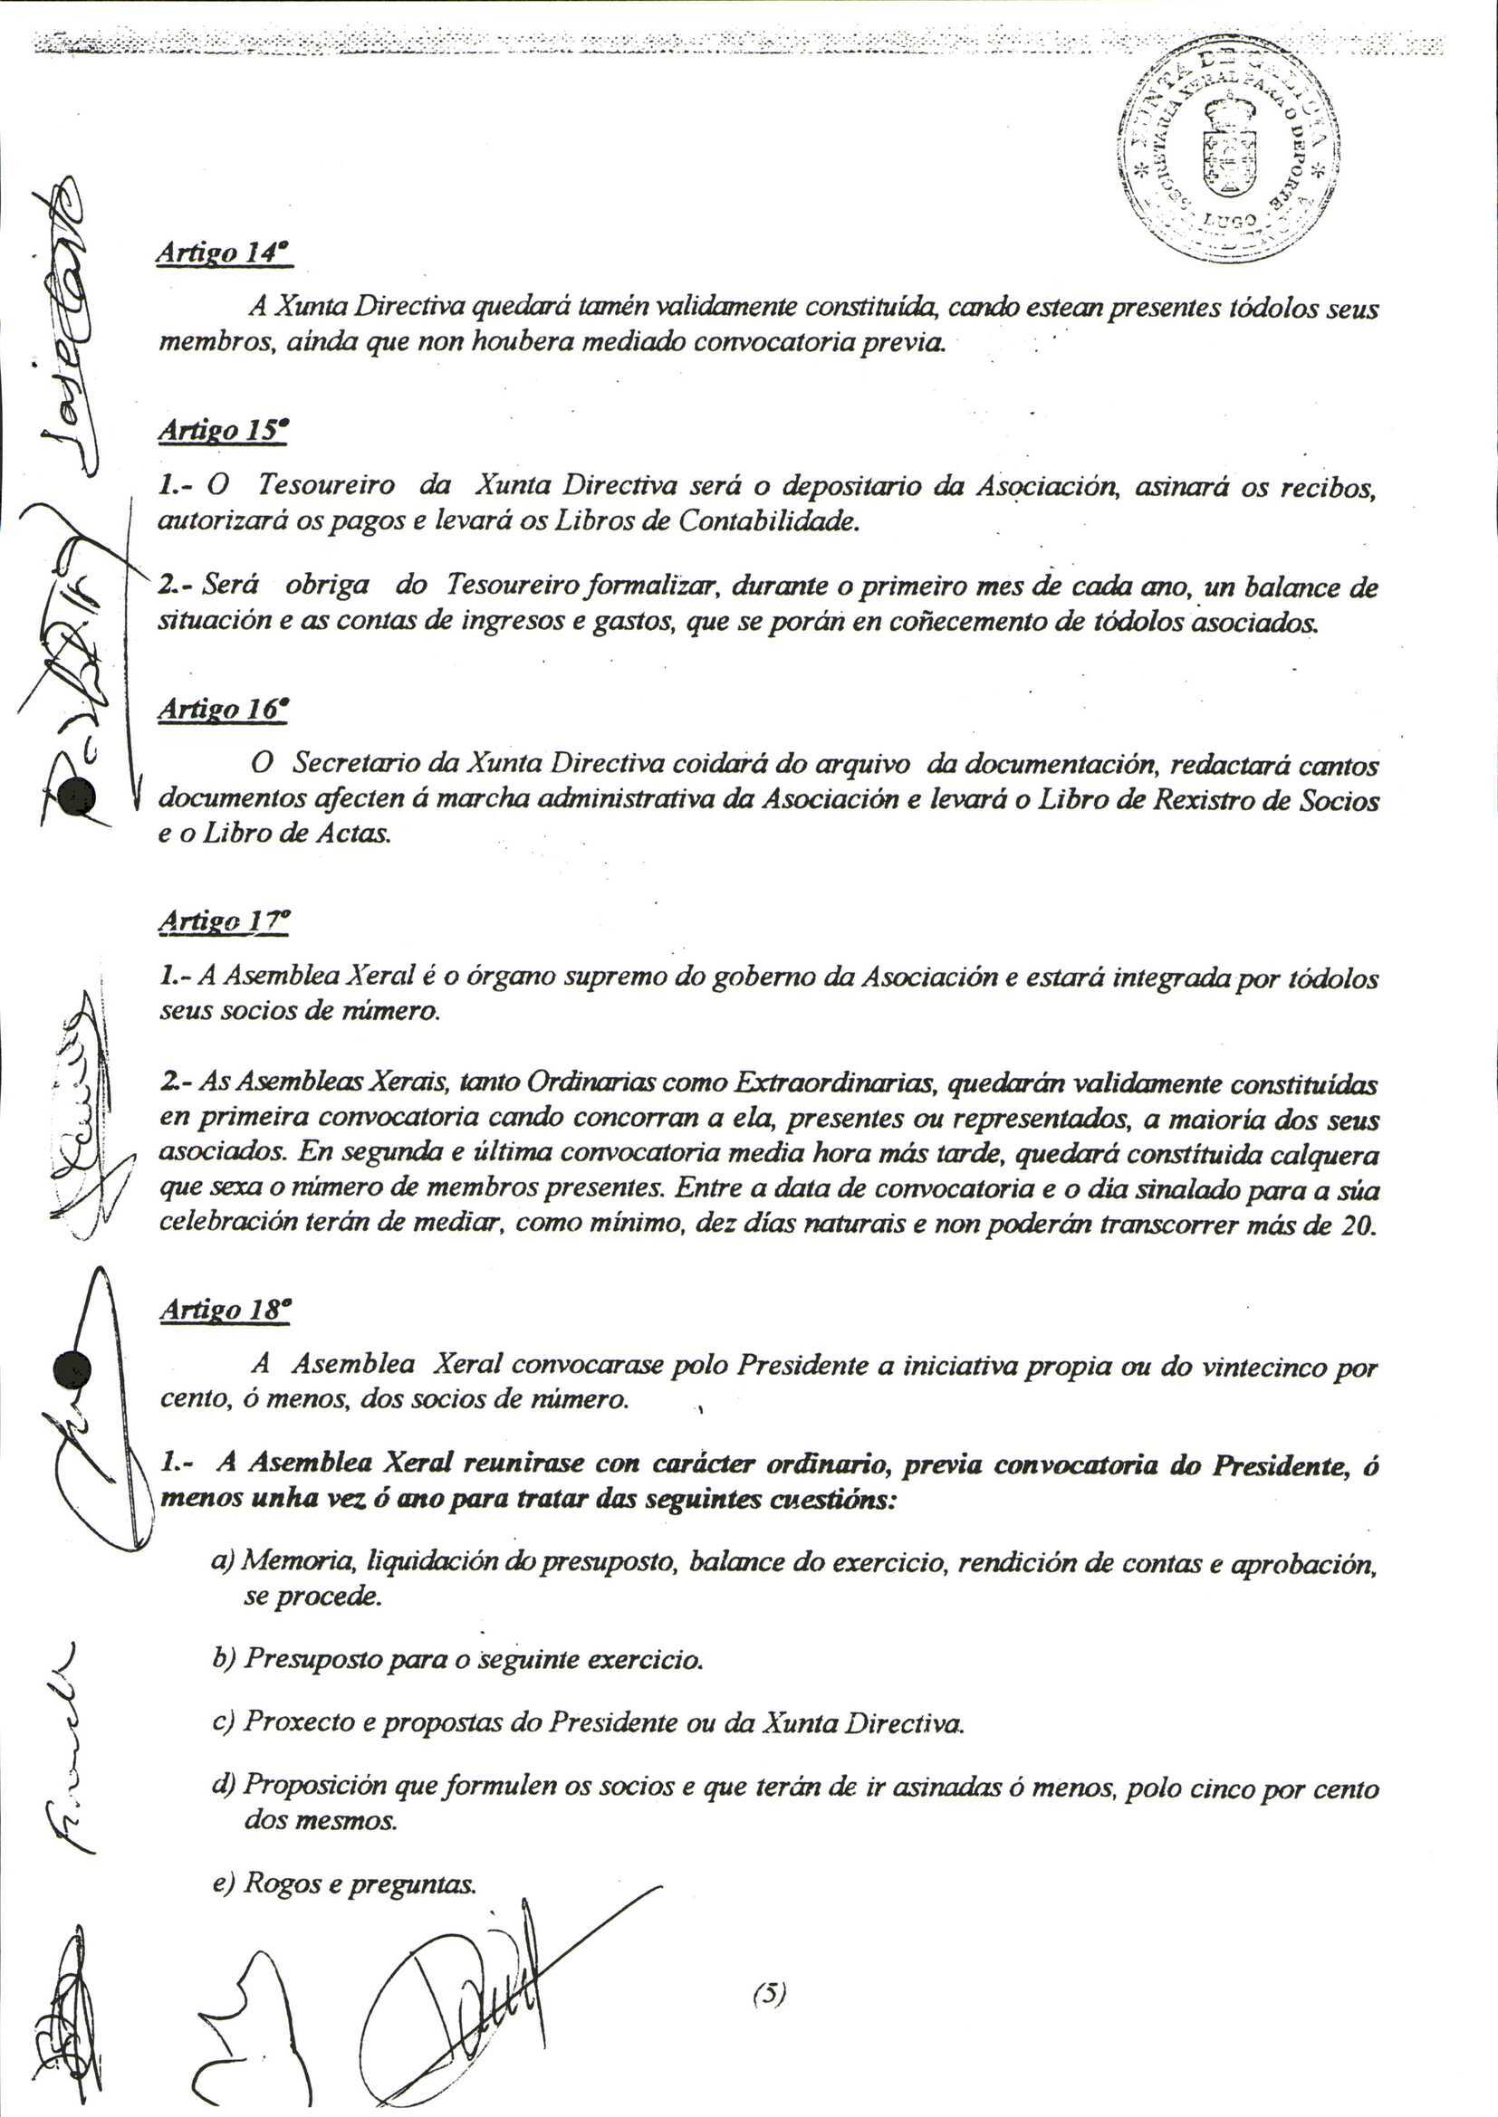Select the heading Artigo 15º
tap(224, 432)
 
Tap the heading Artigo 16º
tap(224, 709)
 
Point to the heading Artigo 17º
tap(224, 921)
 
